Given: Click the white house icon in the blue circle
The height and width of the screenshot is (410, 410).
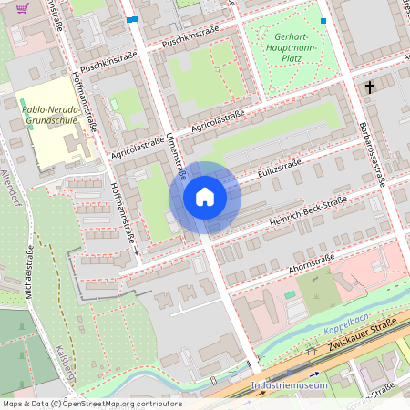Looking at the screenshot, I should tap(205, 197).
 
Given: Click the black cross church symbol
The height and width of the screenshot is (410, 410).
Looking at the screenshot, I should tap(369, 87).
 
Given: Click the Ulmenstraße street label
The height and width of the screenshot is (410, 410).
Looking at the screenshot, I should tap(174, 154).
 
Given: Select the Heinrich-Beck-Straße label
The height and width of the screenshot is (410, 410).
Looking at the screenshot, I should tap(309, 212).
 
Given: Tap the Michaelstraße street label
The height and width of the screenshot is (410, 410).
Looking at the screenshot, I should tap(30, 272).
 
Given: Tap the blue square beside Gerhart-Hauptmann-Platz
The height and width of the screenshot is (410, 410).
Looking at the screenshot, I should tap(323, 20).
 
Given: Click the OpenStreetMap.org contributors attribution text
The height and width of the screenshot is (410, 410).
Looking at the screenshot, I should tap(123, 404).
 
